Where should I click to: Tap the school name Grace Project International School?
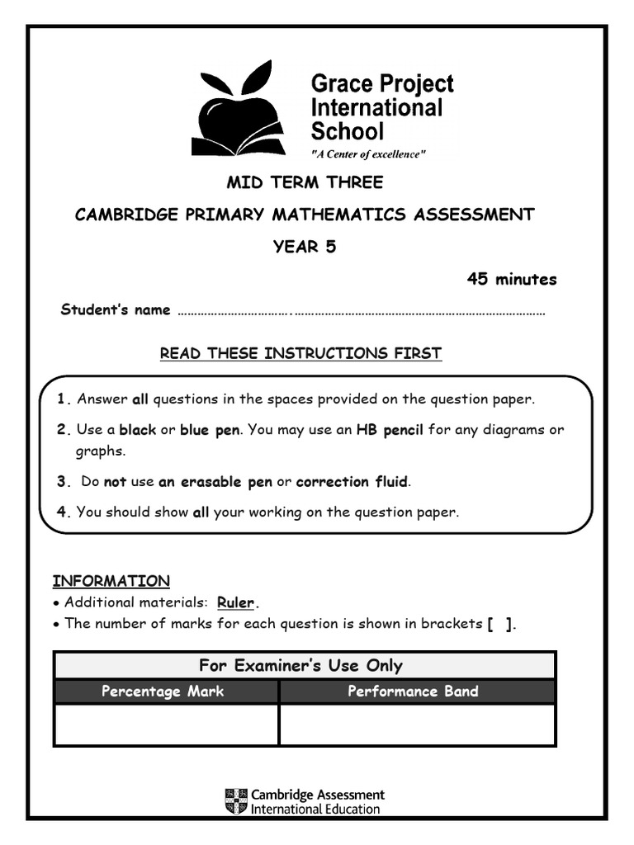click(381, 107)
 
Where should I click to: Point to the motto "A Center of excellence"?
click(368, 155)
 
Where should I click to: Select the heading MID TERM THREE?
click(305, 182)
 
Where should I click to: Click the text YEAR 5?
click(305, 247)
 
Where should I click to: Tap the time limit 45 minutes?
click(512, 279)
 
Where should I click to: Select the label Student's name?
click(116, 309)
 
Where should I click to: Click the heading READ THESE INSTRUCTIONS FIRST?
click(300, 353)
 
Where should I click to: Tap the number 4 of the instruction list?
click(62, 512)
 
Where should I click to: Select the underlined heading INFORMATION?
click(111, 580)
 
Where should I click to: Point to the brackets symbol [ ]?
click(500, 624)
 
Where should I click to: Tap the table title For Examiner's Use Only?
click(300, 665)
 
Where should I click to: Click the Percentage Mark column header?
click(163, 692)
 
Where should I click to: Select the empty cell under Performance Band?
click(417, 725)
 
